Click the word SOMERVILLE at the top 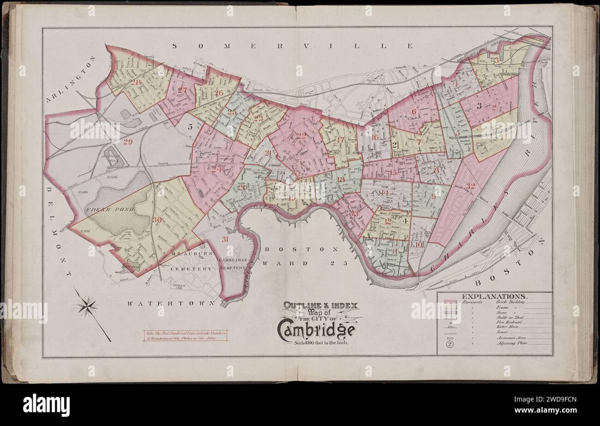tap(294, 46)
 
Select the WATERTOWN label tap(171, 304)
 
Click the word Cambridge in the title tap(316, 329)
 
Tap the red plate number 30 tap(157, 220)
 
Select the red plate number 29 tap(128, 142)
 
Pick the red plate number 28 tap(136, 83)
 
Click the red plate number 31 tap(225, 239)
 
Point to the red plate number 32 tap(470, 186)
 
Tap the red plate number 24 tap(216, 169)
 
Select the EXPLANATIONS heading tap(493, 296)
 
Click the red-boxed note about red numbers tap(185, 336)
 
